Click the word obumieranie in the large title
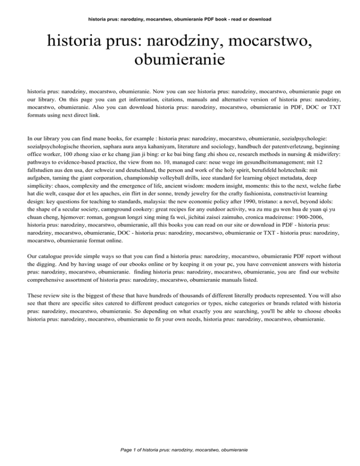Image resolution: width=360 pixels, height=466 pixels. coord(180,61)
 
